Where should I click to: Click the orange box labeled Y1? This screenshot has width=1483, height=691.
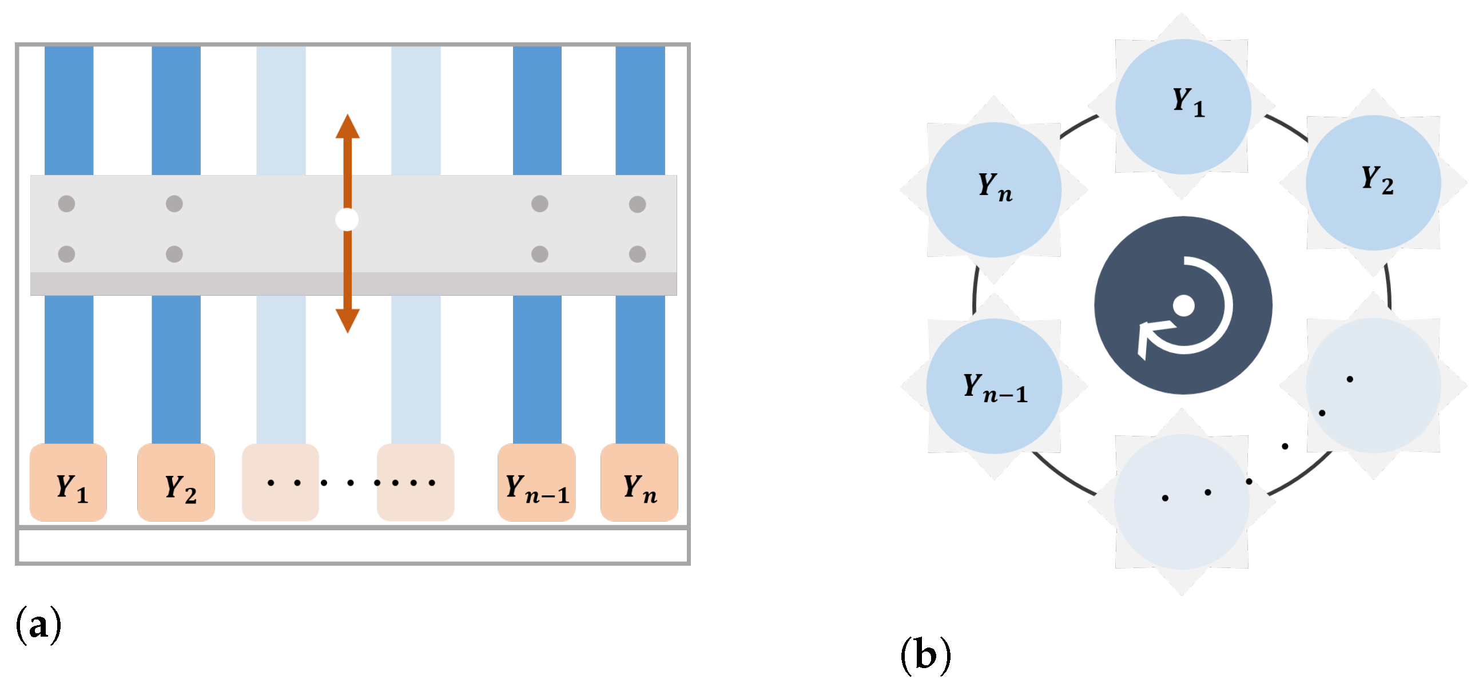click(x=69, y=483)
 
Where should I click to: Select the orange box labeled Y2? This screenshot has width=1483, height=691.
click(x=176, y=483)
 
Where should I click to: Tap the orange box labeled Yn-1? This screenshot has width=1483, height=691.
click(x=536, y=483)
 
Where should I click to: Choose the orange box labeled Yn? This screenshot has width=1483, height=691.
click(x=639, y=483)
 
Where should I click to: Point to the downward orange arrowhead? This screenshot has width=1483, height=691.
click(x=348, y=320)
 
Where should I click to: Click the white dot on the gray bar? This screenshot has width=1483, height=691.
click(x=347, y=220)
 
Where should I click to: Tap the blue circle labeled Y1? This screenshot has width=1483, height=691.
click(x=1183, y=106)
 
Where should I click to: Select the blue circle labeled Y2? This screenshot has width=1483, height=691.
click(x=1373, y=182)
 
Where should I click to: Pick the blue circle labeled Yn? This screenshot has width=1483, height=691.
click(x=993, y=189)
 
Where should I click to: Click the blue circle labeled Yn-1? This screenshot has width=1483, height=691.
click(x=993, y=386)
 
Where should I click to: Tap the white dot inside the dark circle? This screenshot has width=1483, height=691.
click(x=1184, y=306)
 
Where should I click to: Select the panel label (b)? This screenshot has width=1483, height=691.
click(x=925, y=655)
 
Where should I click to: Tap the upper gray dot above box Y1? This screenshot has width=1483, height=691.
click(x=67, y=203)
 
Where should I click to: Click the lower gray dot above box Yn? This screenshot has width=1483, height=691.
click(x=637, y=254)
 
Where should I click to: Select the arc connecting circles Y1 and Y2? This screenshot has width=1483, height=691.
click(x=1287, y=126)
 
